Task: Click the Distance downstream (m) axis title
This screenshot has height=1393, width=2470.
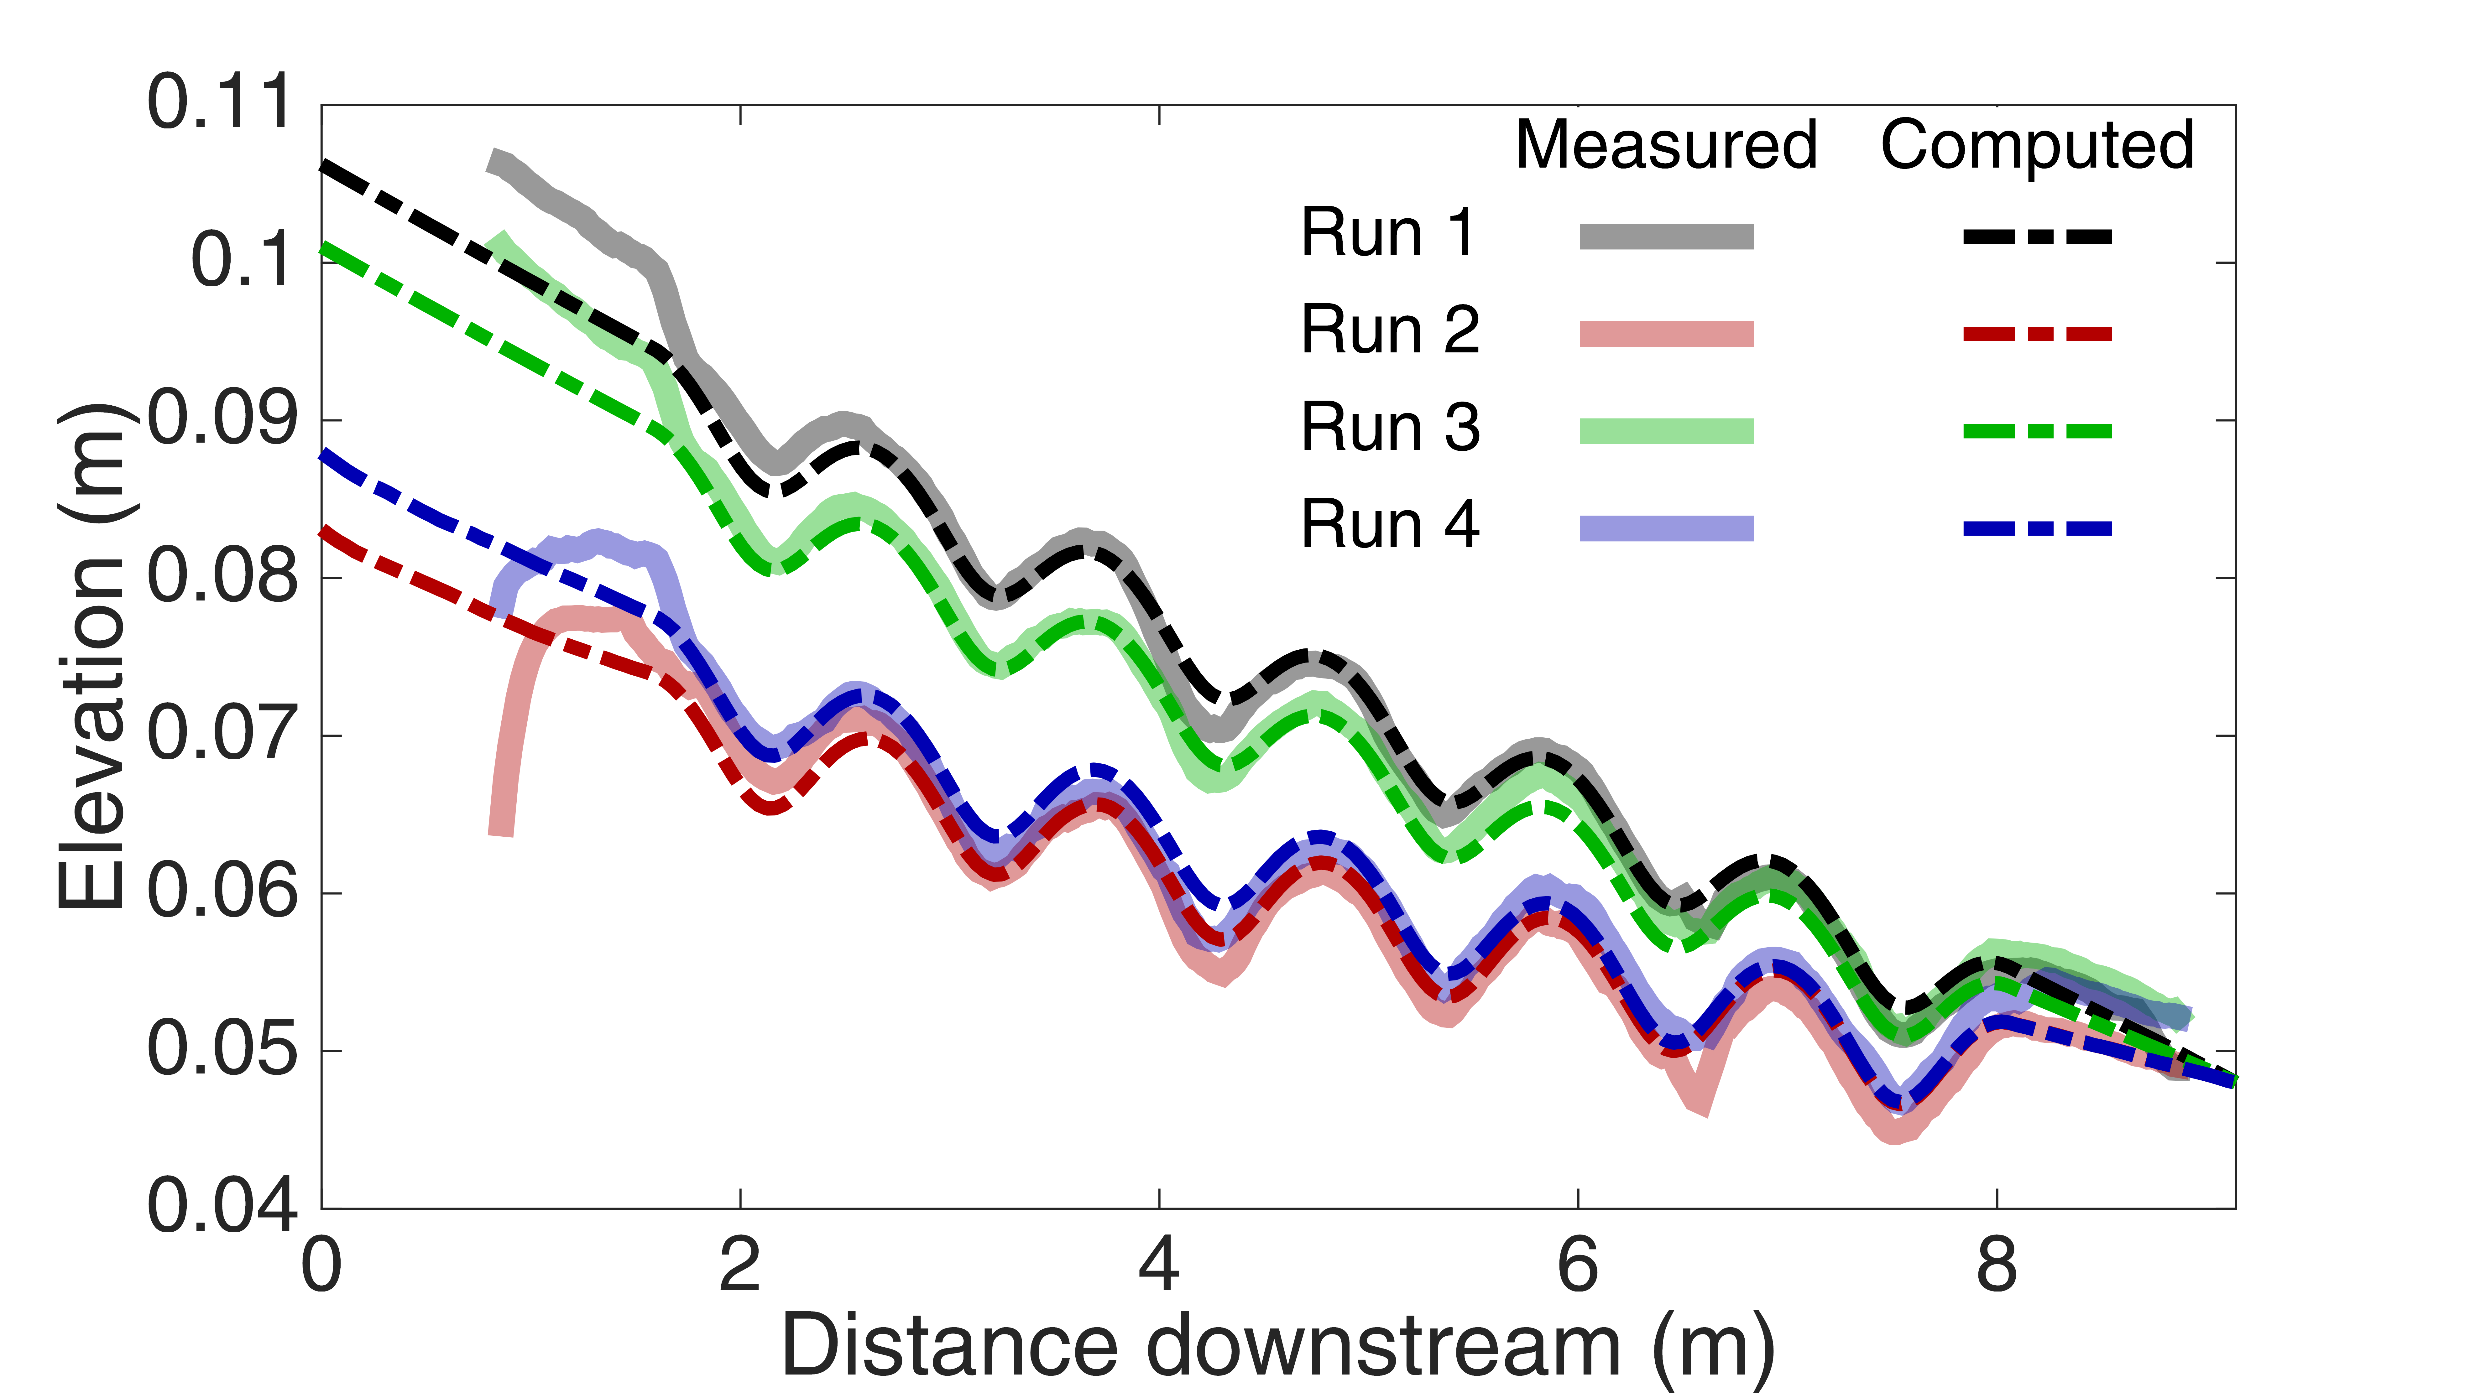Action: [x=1278, y=1347]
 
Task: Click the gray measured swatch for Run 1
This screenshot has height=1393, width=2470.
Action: [x=1666, y=236]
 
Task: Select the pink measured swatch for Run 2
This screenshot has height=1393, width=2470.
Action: [x=1666, y=334]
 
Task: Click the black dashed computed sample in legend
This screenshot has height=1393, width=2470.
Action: [x=2037, y=236]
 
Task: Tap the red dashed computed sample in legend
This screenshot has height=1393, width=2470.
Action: [x=2037, y=334]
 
